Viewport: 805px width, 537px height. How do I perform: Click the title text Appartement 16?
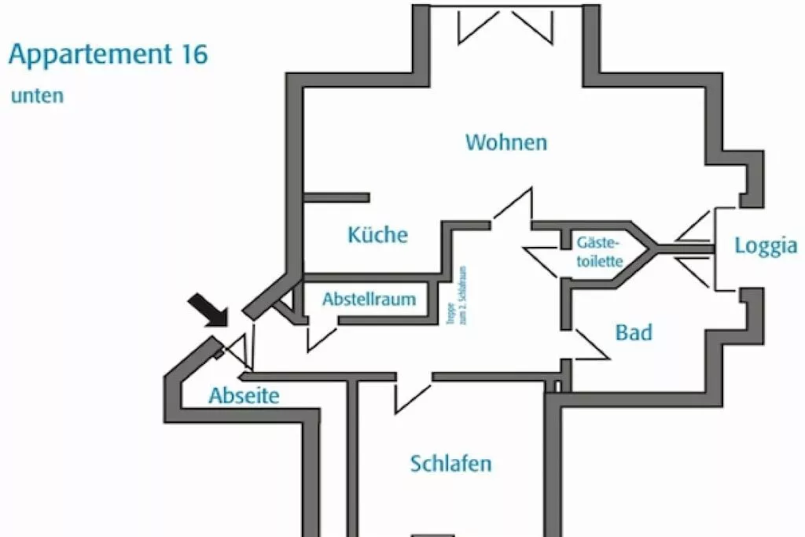[x=108, y=55]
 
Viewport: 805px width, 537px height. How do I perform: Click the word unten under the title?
[x=36, y=96]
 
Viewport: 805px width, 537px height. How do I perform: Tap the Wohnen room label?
[x=506, y=142]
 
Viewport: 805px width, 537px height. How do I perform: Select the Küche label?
[x=378, y=234]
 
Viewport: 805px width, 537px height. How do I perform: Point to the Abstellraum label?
[x=369, y=300]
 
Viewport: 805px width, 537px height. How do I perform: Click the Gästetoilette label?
[x=600, y=252]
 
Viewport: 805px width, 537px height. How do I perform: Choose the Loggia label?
[x=766, y=246]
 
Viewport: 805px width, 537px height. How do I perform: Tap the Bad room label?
[x=634, y=333]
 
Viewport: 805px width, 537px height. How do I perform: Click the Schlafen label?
[x=451, y=463]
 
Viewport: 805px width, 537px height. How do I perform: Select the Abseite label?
[x=244, y=395]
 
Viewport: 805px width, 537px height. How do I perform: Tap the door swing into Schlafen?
[x=412, y=394]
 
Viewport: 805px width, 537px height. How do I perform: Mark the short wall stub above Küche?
[x=336, y=197]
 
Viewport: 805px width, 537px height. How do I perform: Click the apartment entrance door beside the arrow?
[x=241, y=349]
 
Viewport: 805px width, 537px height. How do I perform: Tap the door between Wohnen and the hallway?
[x=513, y=208]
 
